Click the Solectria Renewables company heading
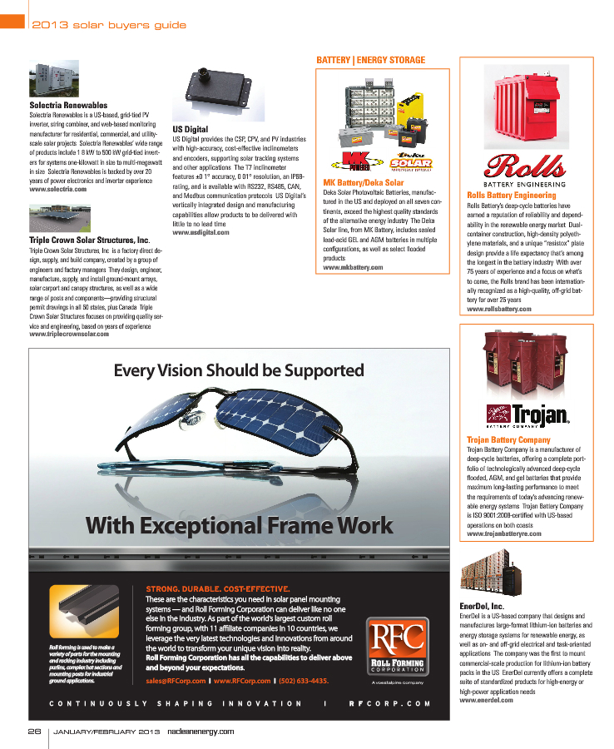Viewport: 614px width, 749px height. (x=68, y=106)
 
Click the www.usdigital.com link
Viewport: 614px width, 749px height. (x=201, y=231)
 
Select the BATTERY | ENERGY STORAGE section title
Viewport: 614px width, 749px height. (x=371, y=60)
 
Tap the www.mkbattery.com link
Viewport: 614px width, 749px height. (x=353, y=267)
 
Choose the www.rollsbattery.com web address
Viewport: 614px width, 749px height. (x=499, y=309)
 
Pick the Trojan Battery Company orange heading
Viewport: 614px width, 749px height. (x=508, y=439)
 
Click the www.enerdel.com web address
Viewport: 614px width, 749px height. (x=487, y=701)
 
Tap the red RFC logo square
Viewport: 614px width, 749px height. (x=398, y=645)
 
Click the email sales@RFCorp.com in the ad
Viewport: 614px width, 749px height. (x=176, y=681)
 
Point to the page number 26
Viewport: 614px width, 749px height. (x=34, y=731)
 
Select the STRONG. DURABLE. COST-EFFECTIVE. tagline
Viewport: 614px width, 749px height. (x=216, y=588)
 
